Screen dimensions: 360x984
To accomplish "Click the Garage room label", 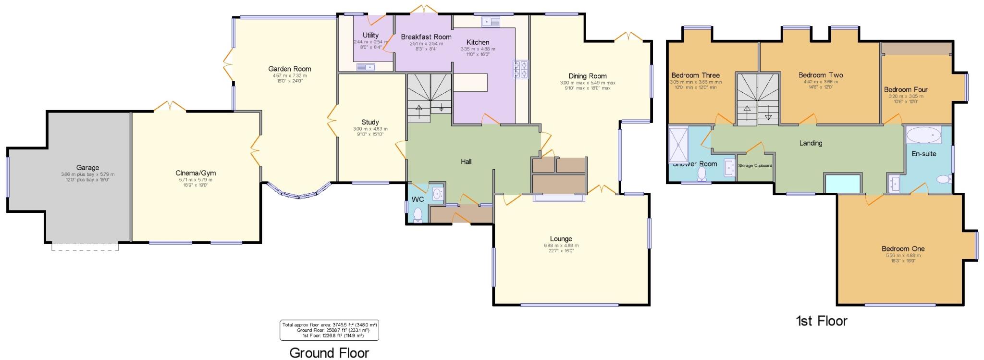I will click(87, 168).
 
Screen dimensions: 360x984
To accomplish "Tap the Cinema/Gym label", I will click(196, 173).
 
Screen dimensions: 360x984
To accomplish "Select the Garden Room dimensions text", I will click(290, 78).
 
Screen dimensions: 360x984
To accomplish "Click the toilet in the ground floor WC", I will click(418, 215).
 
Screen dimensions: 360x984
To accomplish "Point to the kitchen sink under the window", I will click(491, 22).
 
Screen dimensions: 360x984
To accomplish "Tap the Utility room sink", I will click(365, 67).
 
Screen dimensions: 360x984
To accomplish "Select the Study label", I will click(370, 122).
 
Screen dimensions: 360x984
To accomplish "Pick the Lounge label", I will click(561, 239).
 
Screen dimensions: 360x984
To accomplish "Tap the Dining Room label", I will click(587, 76).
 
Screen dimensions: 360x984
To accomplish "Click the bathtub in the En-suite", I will click(923, 136).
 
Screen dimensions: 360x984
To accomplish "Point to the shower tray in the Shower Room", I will click(678, 144).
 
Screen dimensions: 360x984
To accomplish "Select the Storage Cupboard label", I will click(755, 166).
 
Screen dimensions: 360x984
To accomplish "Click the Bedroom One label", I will click(903, 248).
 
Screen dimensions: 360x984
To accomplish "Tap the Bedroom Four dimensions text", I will click(906, 99).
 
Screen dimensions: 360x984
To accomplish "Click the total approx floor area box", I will click(329, 330).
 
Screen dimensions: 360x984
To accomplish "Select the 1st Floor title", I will click(821, 321).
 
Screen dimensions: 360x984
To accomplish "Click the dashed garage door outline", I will click(85, 247).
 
